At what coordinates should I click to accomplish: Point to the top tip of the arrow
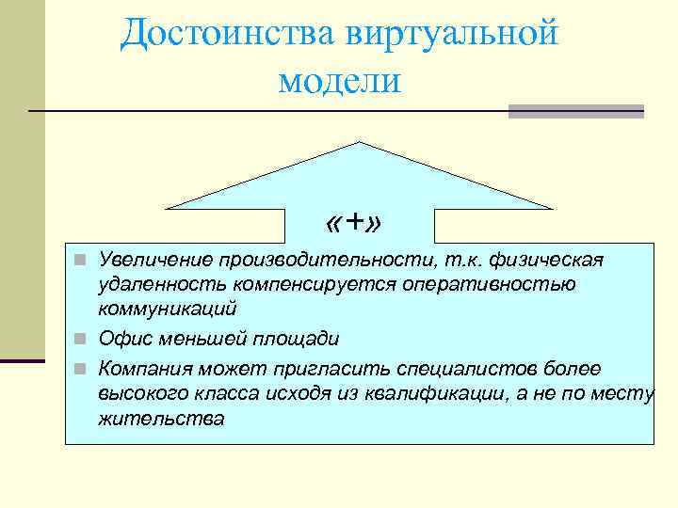359,143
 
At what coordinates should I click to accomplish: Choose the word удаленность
157,283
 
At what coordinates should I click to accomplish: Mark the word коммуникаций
168,308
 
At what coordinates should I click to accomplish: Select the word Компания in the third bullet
142,368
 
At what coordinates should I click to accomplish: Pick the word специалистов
450,368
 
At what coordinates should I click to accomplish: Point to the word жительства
161,419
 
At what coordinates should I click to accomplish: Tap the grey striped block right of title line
575,111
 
